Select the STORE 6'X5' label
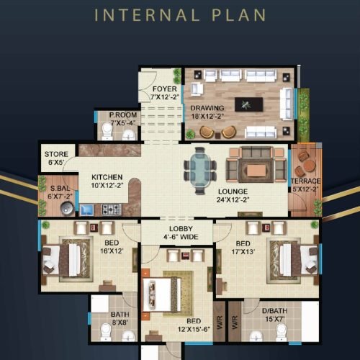tap(56, 158)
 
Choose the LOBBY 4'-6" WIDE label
tap(181, 233)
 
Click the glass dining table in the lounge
tap(200, 171)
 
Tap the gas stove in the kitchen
tap(112, 210)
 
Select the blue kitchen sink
tap(86, 210)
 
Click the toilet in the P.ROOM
tap(107, 131)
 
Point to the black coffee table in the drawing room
tap(248, 104)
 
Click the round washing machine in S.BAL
tap(67, 208)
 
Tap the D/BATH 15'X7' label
tap(275, 315)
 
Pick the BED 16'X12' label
tap(112, 247)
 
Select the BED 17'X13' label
tap(243, 248)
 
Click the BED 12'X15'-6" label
tap(194, 325)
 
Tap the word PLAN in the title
tap(239, 15)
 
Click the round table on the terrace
tap(310, 166)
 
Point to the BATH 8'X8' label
tap(120, 318)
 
